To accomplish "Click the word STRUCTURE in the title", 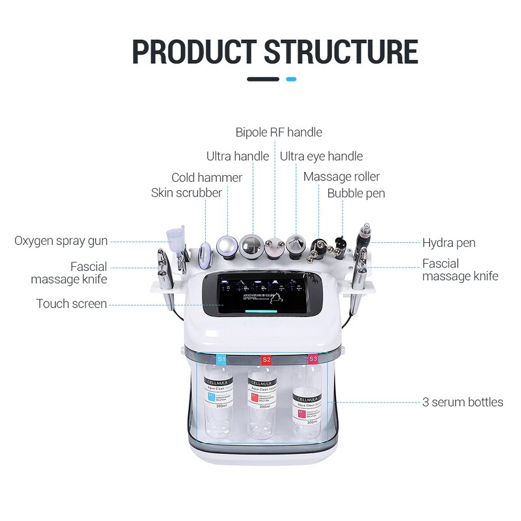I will (341, 51).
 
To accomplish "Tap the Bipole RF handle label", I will (279, 132).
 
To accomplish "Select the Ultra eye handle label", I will (321, 156).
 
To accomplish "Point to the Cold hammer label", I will (206, 177).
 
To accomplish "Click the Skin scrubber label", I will (186, 193).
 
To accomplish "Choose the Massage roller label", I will (341, 176).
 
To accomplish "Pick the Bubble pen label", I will (356, 193).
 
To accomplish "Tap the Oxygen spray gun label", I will (61, 241).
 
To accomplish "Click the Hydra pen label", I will (449, 243).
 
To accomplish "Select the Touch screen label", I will (72, 303).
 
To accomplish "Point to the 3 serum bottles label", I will (462, 402).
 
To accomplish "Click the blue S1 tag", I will (221, 359).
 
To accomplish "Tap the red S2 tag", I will (266, 359).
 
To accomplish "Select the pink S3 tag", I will (313, 359).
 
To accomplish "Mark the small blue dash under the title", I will (291, 79).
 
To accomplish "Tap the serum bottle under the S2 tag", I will (262, 401).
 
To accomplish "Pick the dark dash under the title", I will (263, 79).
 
